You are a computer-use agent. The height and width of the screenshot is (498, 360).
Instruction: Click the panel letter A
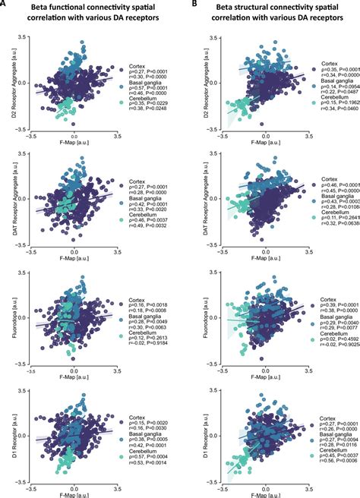pos(5,5)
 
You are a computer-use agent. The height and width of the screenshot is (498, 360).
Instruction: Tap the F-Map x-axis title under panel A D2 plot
pos(73,147)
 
